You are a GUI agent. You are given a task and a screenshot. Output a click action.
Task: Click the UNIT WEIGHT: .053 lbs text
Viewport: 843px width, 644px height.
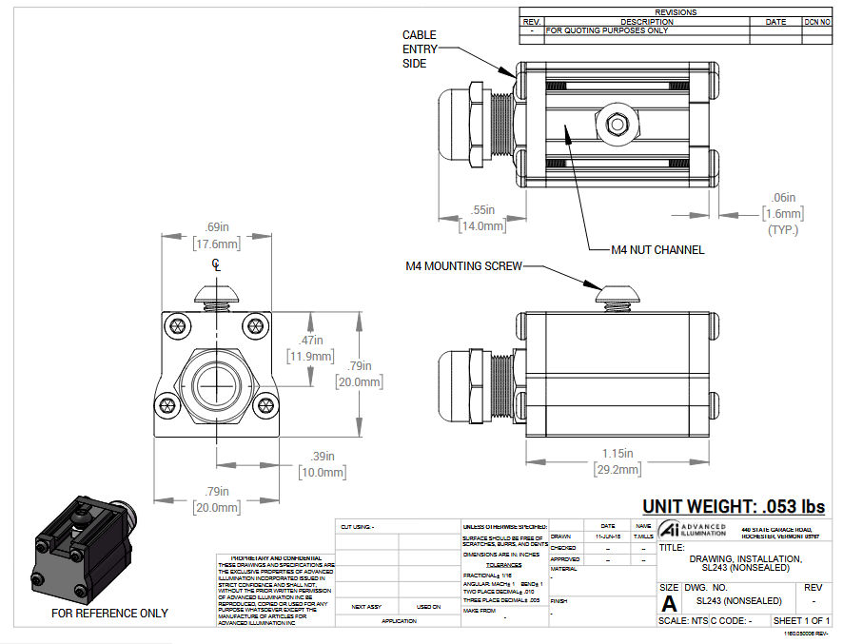pos(733,507)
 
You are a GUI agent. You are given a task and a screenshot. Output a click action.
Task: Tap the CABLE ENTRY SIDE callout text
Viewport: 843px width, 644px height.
pos(420,49)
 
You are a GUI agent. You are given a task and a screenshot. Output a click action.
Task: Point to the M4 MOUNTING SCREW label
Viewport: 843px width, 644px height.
pos(463,266)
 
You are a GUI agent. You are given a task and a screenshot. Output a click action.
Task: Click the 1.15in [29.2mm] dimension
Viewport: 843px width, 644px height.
pos(617,461)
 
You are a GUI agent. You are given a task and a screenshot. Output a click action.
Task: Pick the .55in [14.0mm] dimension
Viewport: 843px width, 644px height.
pos(482,218)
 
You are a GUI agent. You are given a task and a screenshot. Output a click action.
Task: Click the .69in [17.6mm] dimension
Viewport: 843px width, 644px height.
pos(218,235)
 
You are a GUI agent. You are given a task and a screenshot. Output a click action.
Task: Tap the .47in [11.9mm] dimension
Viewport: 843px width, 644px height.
pos(310,348)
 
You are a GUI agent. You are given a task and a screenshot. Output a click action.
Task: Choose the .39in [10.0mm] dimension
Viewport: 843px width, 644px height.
pos(319,465)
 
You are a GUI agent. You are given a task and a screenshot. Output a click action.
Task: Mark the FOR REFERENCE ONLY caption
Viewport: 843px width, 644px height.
pos(109,614)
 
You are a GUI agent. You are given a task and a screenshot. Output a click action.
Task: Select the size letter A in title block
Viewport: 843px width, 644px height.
pos(669,603)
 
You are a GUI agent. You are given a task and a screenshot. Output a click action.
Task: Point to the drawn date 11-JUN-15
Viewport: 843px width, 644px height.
pos(607,537)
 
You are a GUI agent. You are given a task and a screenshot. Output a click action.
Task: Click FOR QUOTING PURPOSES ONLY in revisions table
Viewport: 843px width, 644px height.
pos(607,30)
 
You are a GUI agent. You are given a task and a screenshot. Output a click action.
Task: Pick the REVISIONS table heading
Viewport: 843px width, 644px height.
pos(676,12)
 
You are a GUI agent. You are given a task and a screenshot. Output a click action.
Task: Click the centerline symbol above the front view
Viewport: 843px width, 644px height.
pos(217,265)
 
